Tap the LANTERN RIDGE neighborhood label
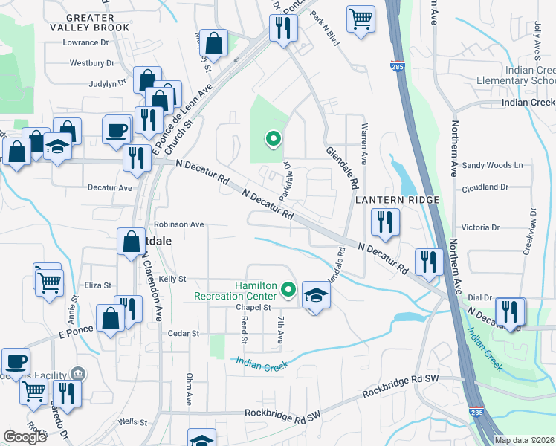coord(397,200)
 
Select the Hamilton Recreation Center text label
coord(235,291)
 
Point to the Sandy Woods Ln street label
coord(492,165)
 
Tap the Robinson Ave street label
coord(178,224)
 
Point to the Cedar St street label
coord(184,334)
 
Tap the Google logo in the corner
coord(25,437)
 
